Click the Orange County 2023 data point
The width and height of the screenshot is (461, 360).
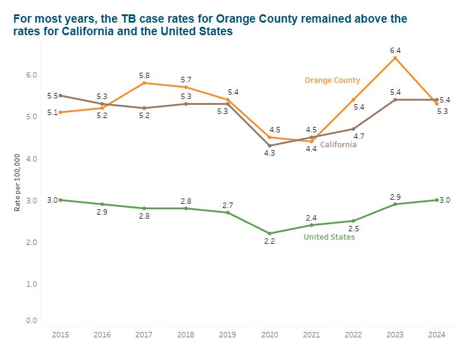[395, 58]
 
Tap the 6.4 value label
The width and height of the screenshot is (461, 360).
[395, 50]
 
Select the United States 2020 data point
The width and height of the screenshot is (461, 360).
[270, 233]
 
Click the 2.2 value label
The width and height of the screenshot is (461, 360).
[270, 241]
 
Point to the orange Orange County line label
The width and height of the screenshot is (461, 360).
[332, 80]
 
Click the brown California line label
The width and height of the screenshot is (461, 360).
[338, 145]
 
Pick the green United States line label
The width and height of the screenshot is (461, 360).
[329, 237]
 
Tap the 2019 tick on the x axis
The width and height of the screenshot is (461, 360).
[227, 335]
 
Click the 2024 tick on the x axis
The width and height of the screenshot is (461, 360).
[437, 335]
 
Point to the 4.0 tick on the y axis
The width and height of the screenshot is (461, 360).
[31, 159]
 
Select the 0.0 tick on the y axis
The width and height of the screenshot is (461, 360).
[31, 321]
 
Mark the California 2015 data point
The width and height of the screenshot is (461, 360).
[60, 95]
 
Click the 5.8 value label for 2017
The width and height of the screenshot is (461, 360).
[144, 75]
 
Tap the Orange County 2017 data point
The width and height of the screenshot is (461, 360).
[144, 83]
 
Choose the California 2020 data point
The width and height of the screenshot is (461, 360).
[270, 145]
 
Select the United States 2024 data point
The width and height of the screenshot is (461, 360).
[437, 200]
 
